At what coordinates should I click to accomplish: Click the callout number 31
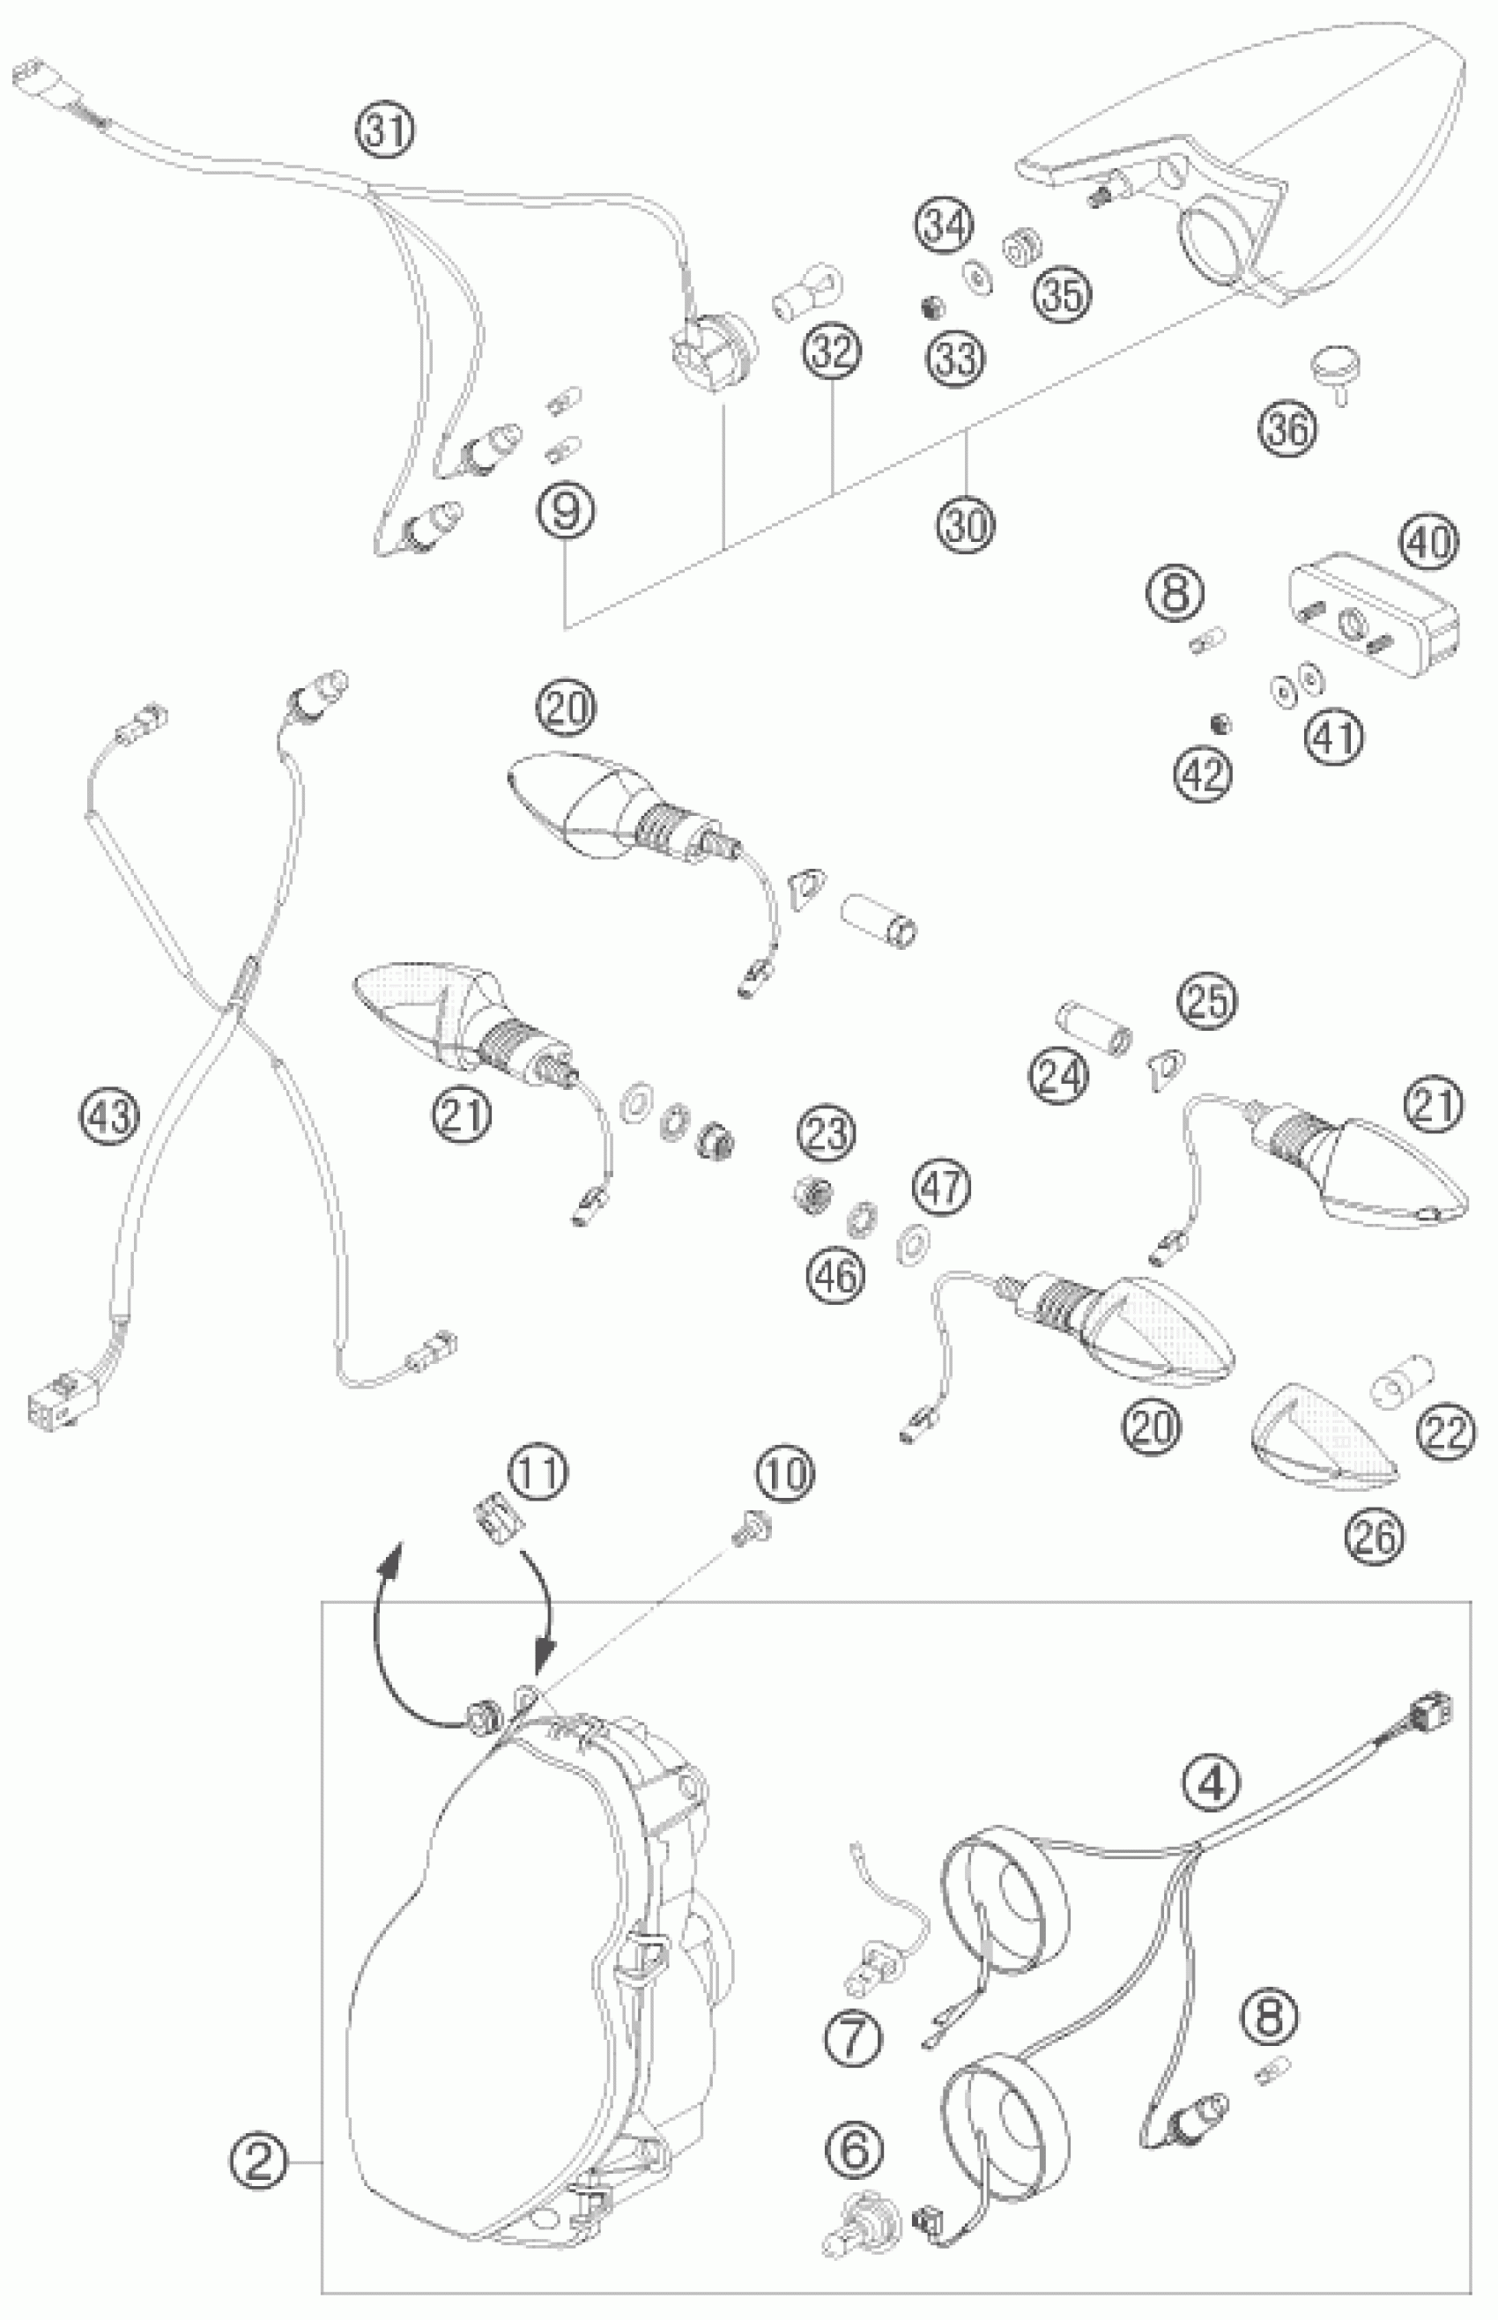[x=385, y=131]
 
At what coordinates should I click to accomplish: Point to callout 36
[x=1288, y=429]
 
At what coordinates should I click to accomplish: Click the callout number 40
[x=1429, y=542]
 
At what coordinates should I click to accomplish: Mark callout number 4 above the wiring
[x=1210, y=1783]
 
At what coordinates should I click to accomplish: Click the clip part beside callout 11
[x=497, y=1516]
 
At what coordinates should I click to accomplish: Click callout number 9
[x=566, y=511]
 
